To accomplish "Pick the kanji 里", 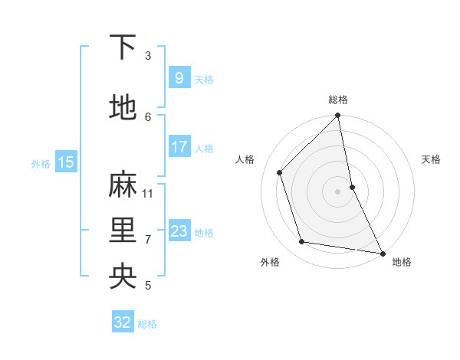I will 123,231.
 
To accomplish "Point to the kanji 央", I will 123,277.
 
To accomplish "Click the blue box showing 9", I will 179,78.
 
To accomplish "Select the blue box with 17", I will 179,147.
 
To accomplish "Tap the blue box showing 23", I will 179,231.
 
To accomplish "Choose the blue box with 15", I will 65,162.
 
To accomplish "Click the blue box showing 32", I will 123,322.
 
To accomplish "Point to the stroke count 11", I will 148,193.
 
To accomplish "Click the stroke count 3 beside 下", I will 148,55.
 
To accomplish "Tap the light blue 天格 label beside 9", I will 204,79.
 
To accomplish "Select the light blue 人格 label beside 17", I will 204,148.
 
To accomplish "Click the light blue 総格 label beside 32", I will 147,324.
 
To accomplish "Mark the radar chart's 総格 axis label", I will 338,100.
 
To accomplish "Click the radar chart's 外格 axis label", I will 269,262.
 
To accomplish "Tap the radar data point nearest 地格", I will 382,253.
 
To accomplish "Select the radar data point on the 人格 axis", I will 280,172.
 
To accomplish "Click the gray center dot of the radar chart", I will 337,191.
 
